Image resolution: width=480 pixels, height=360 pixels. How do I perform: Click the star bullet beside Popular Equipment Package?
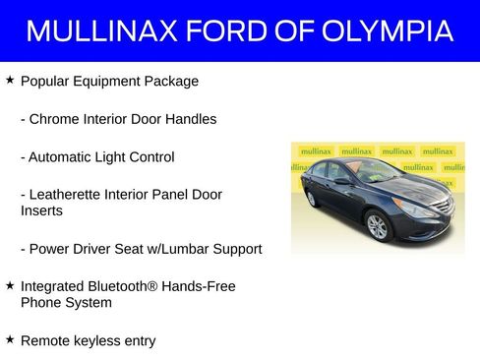(x=10, y=80)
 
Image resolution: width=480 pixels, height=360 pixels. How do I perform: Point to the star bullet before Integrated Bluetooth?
(x=10, y=285)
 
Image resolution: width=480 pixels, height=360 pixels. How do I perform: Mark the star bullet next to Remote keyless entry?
(x=10, y=340)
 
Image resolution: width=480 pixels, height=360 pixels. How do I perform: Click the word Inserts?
(x=42, y=210)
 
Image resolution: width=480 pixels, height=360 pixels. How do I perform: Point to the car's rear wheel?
(x=312, y=199)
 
